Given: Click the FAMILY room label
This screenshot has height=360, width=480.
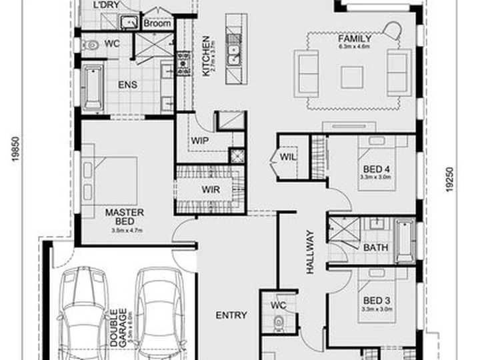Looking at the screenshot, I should pos(355,39).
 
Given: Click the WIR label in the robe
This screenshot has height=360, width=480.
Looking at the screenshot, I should pos(211,189).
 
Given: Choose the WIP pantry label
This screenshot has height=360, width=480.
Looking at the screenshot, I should pos(200,141).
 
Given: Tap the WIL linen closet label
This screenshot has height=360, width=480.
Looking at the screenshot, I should pos(287,157).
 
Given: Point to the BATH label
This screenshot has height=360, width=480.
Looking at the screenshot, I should pos(375,248).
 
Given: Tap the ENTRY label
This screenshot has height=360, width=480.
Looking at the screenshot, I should pos(231,315).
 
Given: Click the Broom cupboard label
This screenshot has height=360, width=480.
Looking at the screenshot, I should pos(157,24).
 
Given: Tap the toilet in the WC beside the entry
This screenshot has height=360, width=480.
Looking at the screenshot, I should pos(279,324).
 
